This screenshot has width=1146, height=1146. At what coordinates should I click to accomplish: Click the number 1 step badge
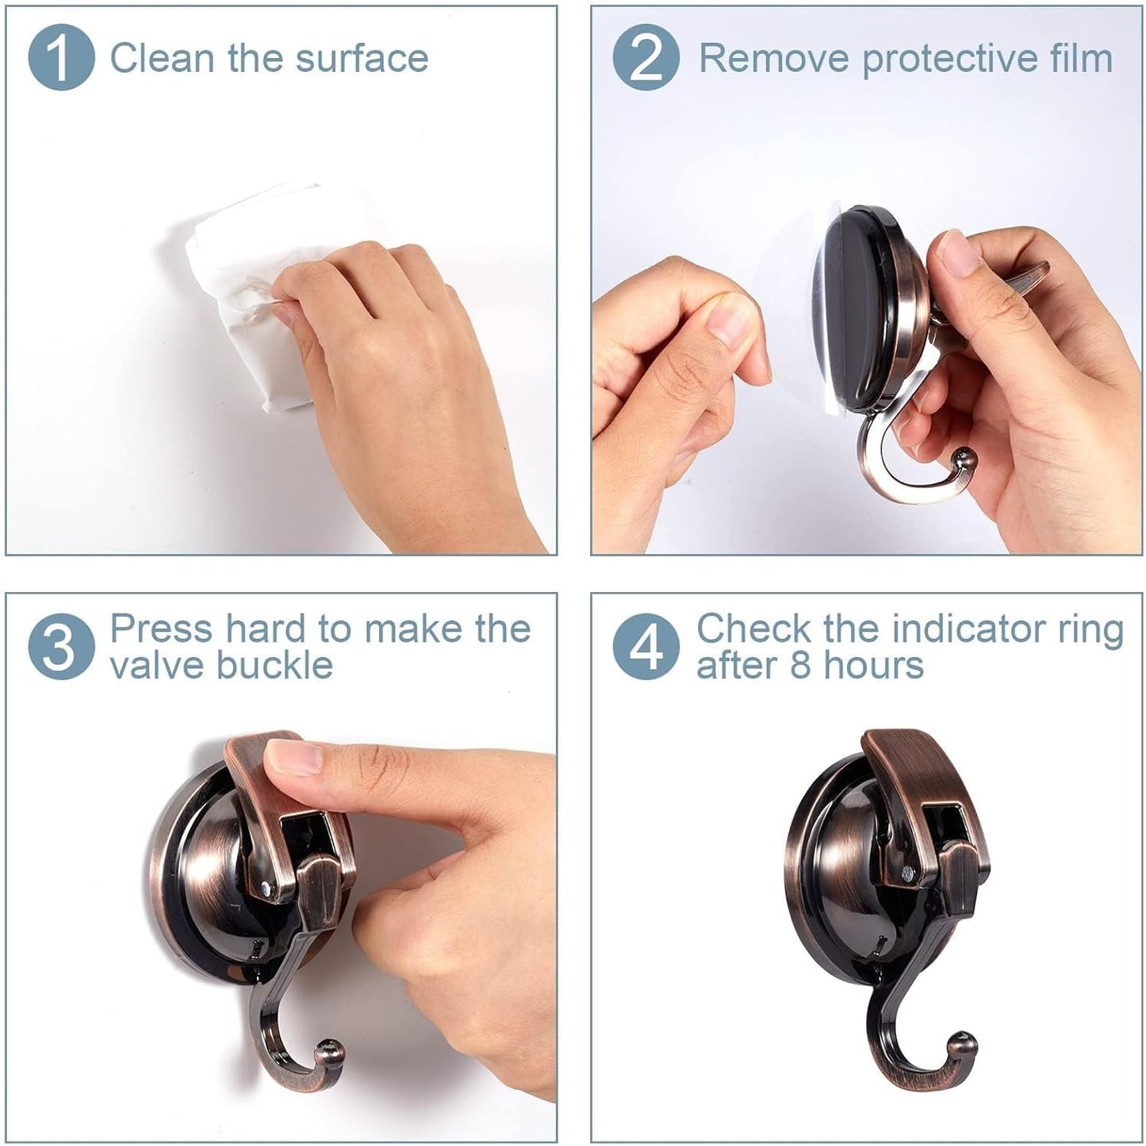[x=61, y=57]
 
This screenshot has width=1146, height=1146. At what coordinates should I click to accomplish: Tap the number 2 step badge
[x=646, y=57]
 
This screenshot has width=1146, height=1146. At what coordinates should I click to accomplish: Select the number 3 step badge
[x=61, y=647]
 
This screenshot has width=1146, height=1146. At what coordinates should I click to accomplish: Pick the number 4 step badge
[x=646, y=647]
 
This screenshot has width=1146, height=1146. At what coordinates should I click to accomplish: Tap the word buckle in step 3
[x=275, y=664]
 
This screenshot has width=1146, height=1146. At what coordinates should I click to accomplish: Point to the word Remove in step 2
[x=774, y=59]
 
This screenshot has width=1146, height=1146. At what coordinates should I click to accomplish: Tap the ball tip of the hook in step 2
[x=965, y=460]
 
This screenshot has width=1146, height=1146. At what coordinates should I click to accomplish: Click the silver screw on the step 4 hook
[x=905, y=873]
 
